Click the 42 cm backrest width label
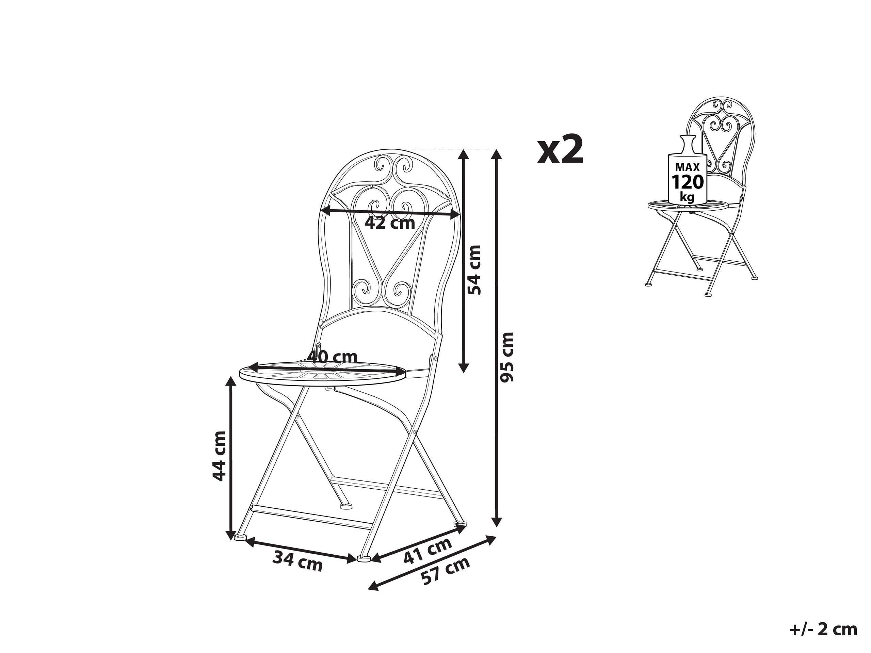point(390,223)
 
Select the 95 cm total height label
point(506,357)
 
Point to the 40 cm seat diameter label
point(333,357)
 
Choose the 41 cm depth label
point(428,551)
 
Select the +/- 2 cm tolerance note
point(823,630)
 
